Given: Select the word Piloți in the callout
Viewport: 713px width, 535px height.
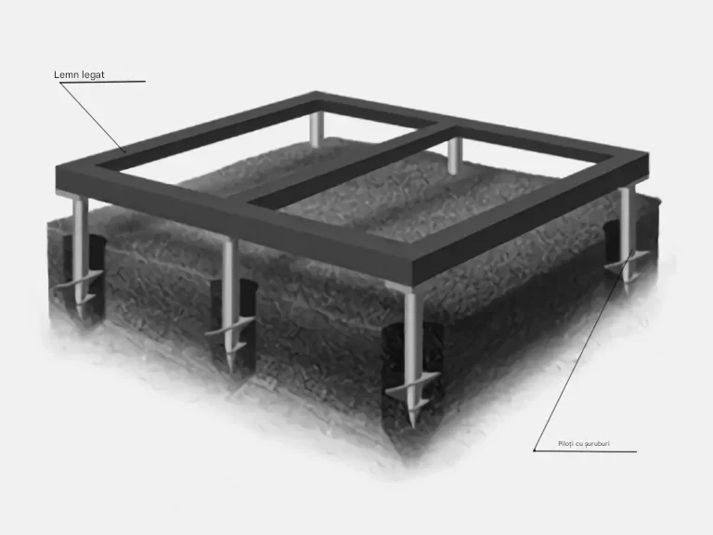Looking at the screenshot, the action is (565, 444).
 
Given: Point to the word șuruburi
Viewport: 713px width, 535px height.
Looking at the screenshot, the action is (597, 444).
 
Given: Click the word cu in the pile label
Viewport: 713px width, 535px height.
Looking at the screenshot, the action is (579, 444).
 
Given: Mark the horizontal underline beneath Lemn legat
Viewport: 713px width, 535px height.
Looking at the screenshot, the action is (102, 82).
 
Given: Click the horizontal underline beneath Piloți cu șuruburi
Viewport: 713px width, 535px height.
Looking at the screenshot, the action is (585, 451).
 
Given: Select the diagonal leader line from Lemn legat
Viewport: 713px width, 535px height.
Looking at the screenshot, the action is (92, 117).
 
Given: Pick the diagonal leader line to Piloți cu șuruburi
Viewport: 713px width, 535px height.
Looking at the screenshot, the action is (583, 350).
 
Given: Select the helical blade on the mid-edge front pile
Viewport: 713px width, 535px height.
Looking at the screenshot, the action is (230, 335).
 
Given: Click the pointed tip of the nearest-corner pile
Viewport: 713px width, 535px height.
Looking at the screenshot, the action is (413, 426).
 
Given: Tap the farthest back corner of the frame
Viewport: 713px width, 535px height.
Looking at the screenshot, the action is (316, 93).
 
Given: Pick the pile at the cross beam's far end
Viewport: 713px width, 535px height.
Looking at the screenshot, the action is (454, 155).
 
